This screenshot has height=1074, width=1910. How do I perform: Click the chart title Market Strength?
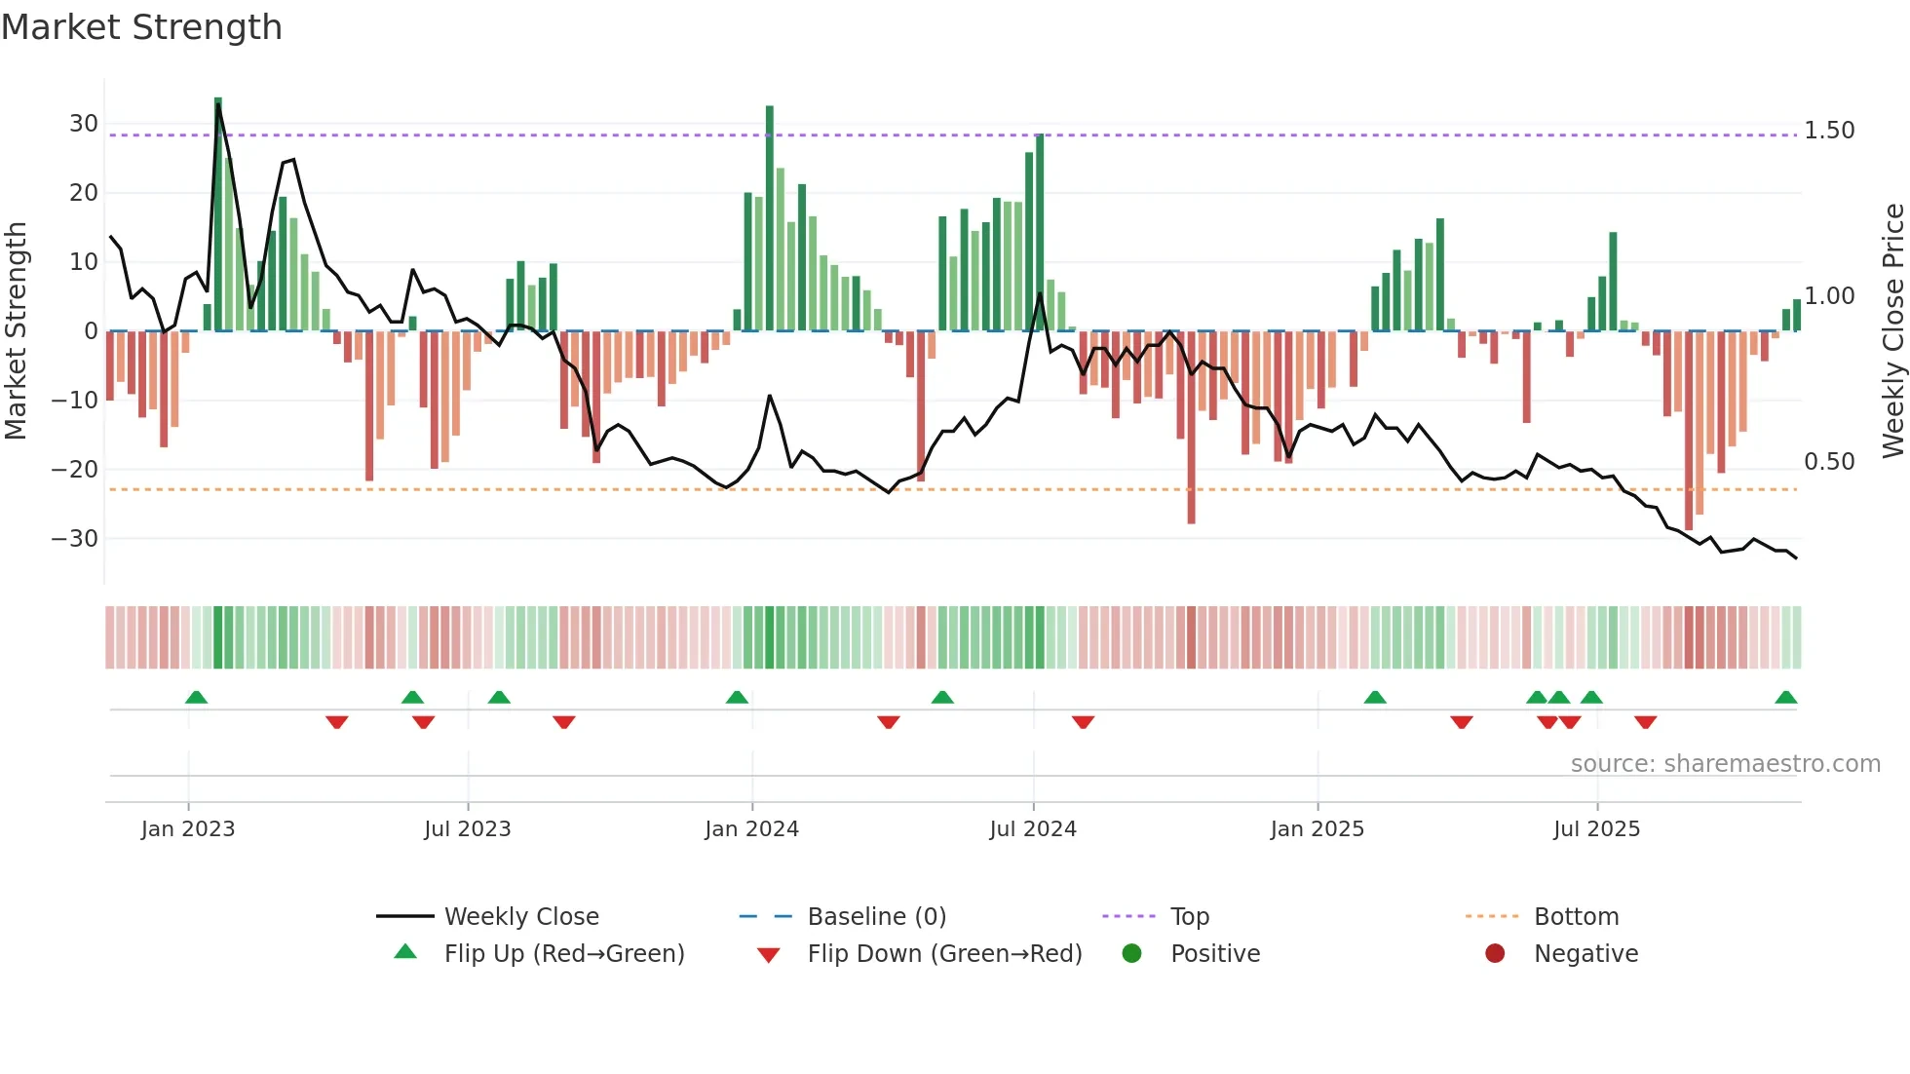[141, 27]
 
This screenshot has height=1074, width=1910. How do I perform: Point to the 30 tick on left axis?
[84, 124]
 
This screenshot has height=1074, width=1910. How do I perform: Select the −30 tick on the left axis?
[75, 539]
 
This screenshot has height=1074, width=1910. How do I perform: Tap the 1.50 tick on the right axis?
[1829, 131]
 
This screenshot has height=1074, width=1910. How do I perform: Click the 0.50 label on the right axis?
[1829, 462]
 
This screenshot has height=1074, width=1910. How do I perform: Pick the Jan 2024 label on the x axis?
[751, 829]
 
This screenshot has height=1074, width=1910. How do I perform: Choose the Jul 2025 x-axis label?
[1596, 829]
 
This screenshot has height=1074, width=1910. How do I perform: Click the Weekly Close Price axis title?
[1892, 331]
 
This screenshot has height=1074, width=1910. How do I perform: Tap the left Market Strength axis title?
[16, 331]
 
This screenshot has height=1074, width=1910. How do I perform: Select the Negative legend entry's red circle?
[1495, 954]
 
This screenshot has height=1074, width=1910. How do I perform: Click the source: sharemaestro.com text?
[1725, 764]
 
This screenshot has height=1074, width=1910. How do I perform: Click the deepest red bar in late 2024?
[1191, 429]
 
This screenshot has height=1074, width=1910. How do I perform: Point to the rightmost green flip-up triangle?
[1785, 698]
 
